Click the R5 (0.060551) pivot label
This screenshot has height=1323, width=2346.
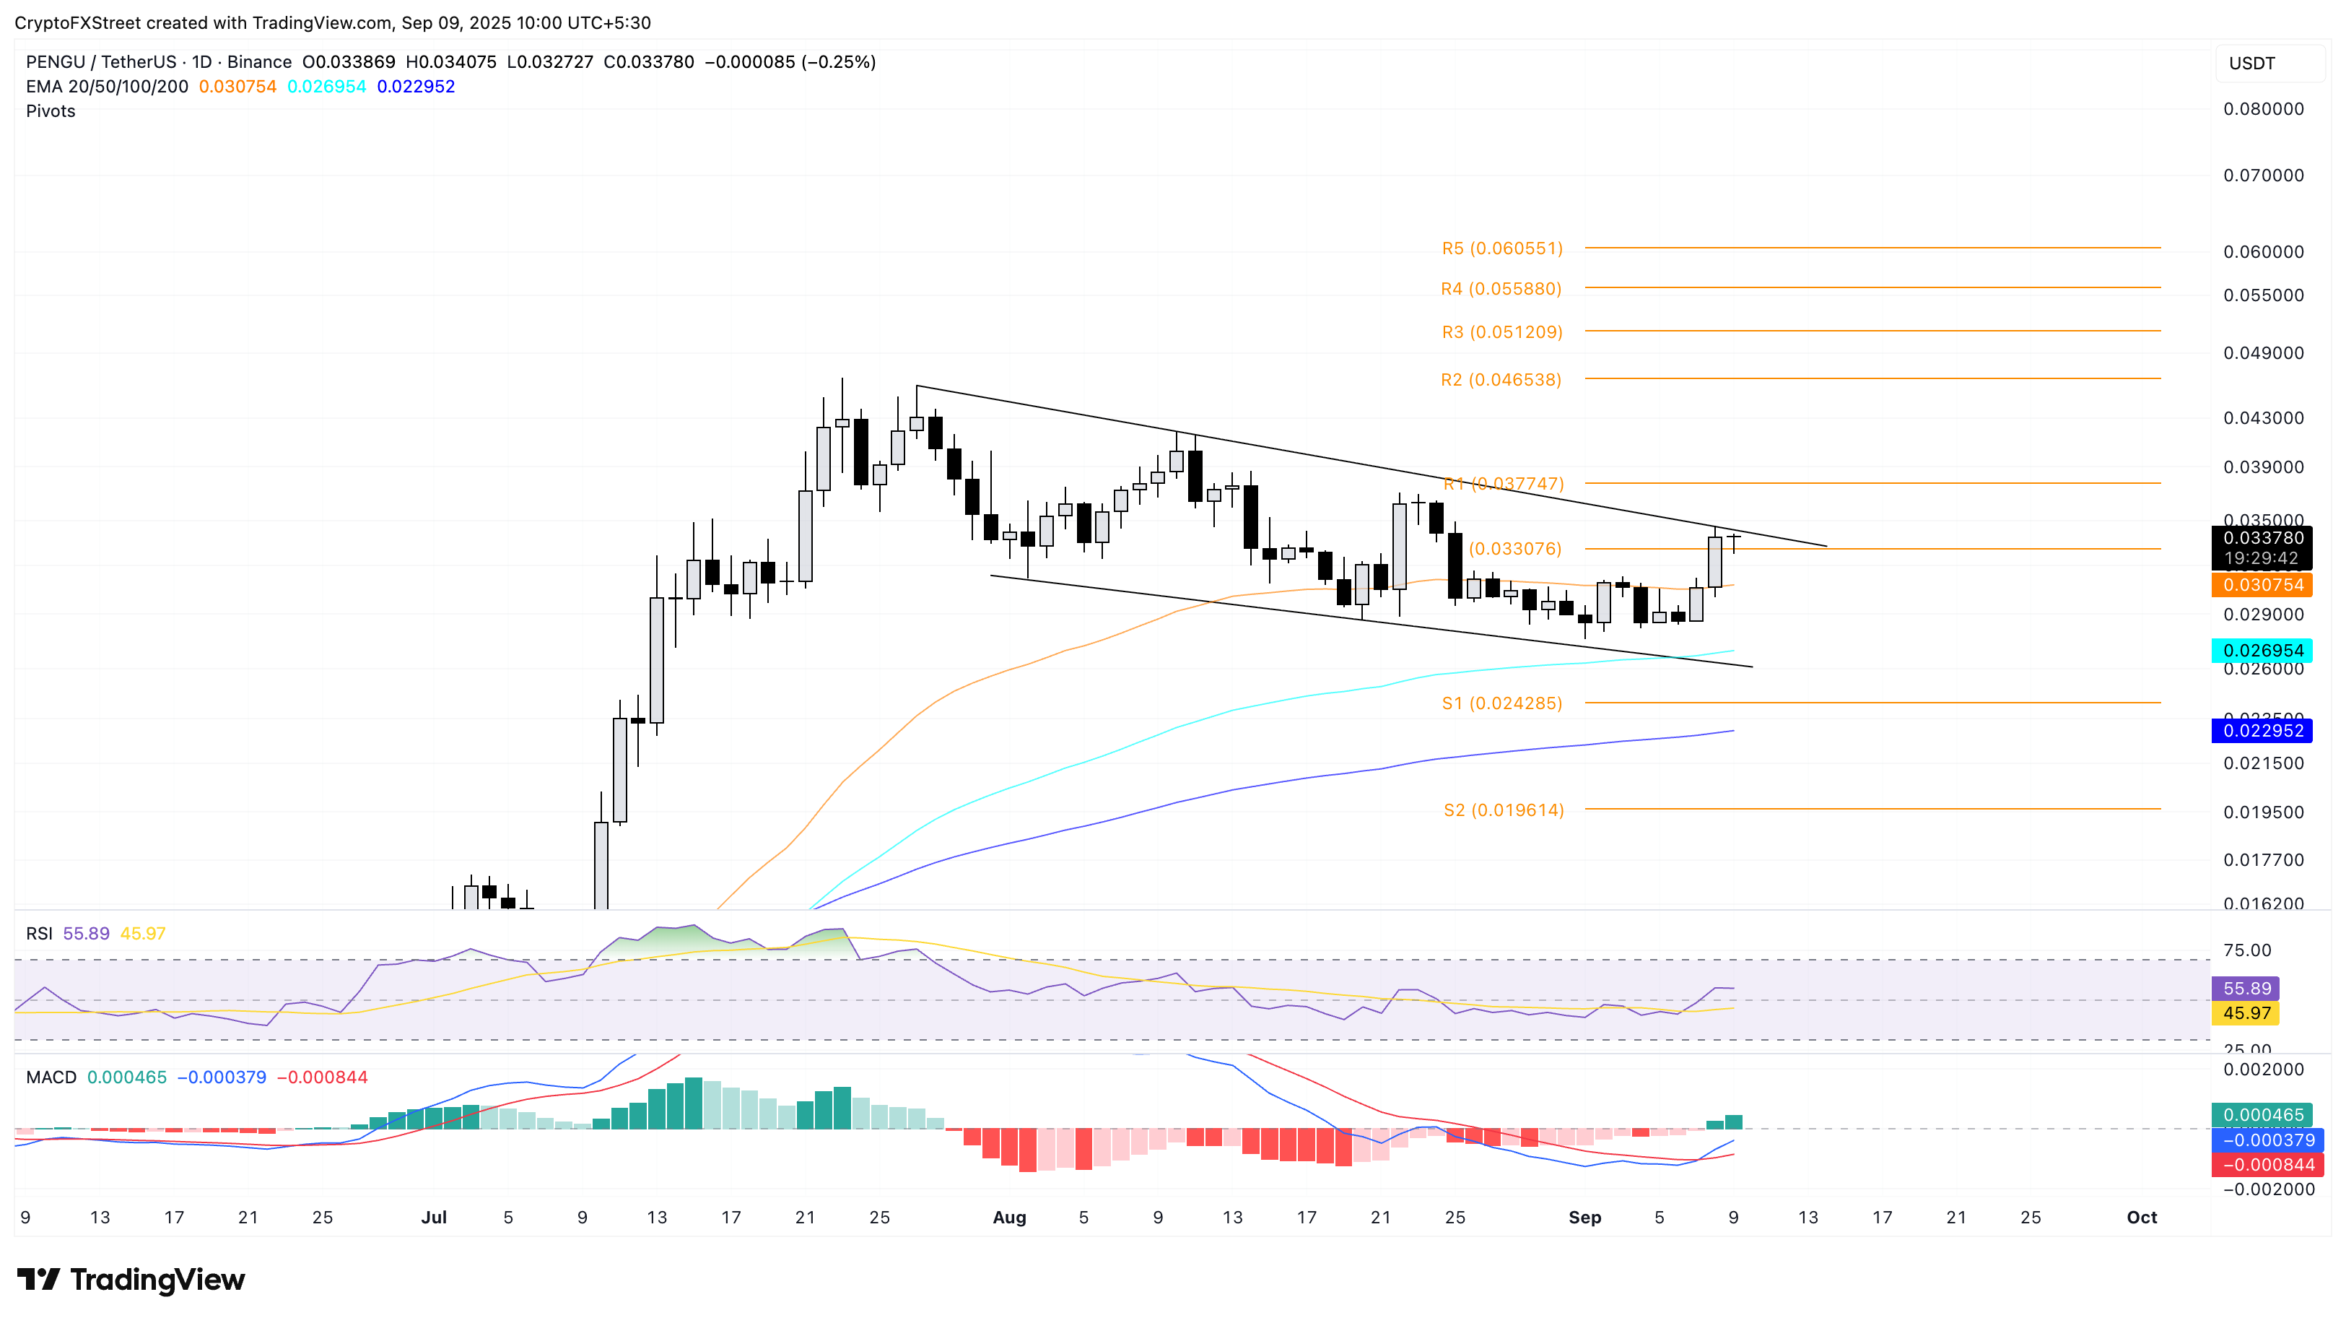pyautogui.click(x=1501, y=248)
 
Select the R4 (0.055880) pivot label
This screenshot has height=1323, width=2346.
pyautogui.click(x=1501, y=289)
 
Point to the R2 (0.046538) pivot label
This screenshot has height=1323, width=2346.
pyautogui.click(x=1501, y=380)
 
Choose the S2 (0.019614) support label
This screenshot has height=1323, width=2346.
pyautogui.click(x=1504, y=810)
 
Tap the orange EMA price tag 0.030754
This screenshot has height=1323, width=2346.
pyautogui.click(x=2263, y=585)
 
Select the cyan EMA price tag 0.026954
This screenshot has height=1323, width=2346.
pyautogui.click(x=2263, y=651)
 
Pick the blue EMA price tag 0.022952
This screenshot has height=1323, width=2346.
pyautogui.click(x=2263, y=731)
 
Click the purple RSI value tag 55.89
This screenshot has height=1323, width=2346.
pyautogui.click(x=2246, y=989)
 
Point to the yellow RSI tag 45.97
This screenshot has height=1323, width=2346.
pyautogui.click(x=2246, y=1013)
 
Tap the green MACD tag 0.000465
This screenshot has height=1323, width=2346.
pyautogui.click(x=2263, y=1115)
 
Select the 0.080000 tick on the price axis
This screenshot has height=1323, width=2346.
pyautogui.click(x=2263, y=109)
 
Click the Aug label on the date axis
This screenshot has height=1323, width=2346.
pyautogui.click(x=1009, y=1218)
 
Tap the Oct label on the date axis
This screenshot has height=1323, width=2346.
pyautogui.click(x=2141, y=1218)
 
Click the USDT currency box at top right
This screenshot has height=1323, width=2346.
pyautogui.click(x=2251, y=64)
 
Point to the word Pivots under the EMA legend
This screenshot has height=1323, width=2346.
pyautogui.click(x=51, y=111)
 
